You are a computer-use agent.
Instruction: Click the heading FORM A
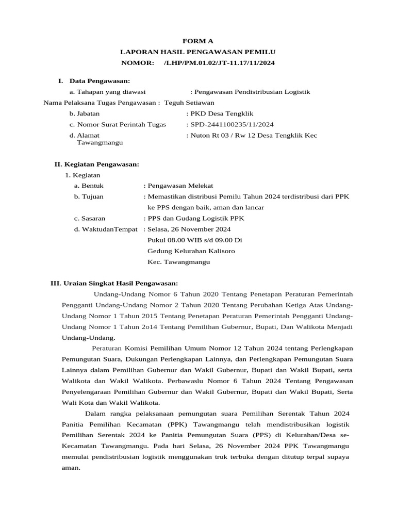[x=198, y=41]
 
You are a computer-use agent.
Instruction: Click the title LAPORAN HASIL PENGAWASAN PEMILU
[x=198, y=52]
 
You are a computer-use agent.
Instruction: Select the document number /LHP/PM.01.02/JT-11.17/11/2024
[x=219, y=63]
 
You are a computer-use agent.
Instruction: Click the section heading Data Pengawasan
[x=100, y=81]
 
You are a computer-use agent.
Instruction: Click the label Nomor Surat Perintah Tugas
[x=122, y=124]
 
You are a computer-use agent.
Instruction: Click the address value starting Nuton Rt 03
[x=253, y=135]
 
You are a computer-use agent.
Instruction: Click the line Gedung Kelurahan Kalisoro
[x=191, y=251]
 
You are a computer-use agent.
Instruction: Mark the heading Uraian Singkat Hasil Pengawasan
[x=120, y=283]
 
